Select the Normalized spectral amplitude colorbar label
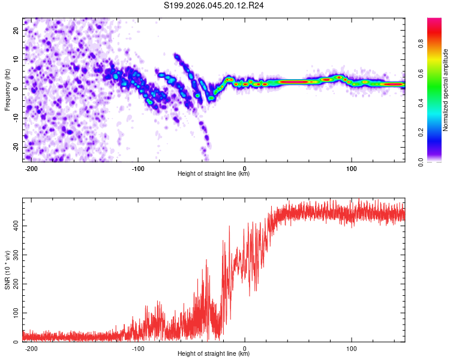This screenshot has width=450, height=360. pyautogui.click(x=446, y=90)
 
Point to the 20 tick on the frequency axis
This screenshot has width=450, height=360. pyautogui.click(x=17, y=30)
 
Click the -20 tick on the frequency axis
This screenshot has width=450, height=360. pyautogui.click(x=16, y=147)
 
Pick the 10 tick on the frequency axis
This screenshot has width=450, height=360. pyautogui.click(x=17, y=59)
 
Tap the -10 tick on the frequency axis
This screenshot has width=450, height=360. pyautogui.click(x=16, y=118)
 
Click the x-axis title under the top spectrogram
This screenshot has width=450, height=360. pyautogui.click(x=214, y=175)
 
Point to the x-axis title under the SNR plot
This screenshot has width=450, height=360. pyautogui.click(x=214, y=355)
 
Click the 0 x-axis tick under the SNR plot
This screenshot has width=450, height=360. pyautogui.click(x=245, y=349)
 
